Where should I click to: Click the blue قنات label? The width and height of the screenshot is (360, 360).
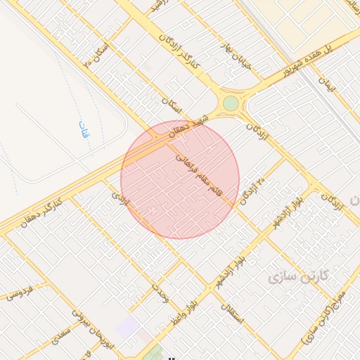tap(84, 129)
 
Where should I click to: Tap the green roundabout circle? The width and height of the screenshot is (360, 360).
tap(231, 104)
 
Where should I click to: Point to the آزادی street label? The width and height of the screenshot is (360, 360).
tap(122, 201)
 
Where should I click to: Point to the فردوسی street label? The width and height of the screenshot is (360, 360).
tap(21, 293)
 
